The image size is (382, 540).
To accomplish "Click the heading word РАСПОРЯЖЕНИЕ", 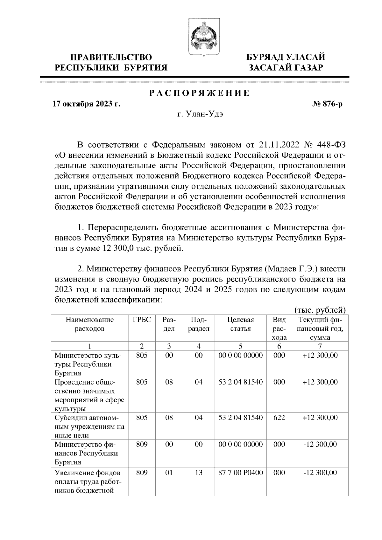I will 199,93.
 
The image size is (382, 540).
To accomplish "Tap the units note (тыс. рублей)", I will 320,309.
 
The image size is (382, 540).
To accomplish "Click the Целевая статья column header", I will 240,324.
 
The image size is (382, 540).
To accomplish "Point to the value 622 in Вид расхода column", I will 279,418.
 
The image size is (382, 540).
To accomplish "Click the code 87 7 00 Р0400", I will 240,473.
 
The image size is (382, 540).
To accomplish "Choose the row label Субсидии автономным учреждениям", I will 89,426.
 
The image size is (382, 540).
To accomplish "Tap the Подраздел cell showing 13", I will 199,473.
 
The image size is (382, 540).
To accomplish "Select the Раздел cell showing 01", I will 169,473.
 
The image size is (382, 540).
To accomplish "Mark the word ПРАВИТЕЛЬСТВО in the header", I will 111,57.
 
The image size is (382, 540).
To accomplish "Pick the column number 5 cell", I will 240,346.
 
